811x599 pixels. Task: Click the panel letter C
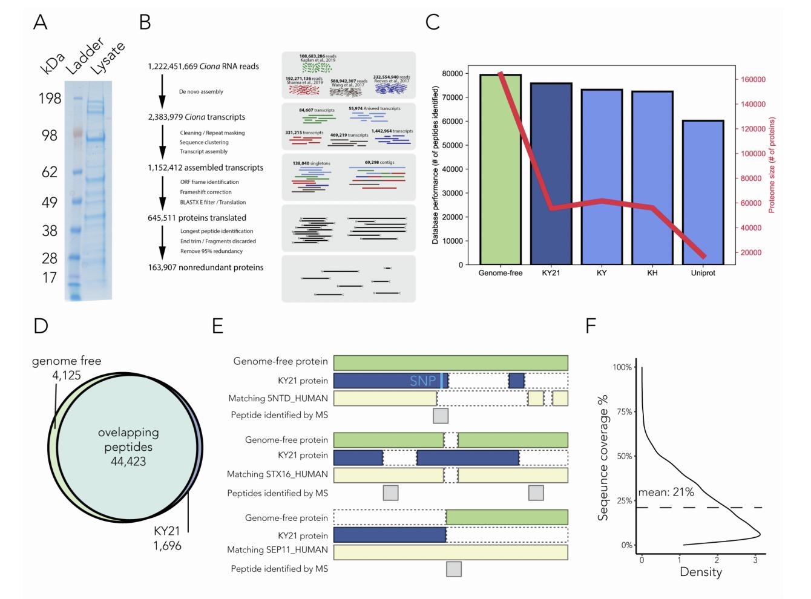click(x=433, y=22)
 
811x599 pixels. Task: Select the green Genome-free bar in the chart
click(x=500, y=169)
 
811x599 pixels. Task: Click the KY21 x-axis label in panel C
click(x=550, y=273)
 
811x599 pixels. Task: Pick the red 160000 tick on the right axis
click(x=750, y=79)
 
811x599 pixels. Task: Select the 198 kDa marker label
click(x=50, y=98)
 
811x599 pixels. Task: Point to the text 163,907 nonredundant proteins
click(x=206, y=267)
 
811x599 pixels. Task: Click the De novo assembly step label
click(x=201, y=92)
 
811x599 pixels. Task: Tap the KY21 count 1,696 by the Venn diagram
click(x=167, y=545)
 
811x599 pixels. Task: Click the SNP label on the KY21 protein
click(x=422, y=381)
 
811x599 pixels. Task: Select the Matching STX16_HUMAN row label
click(x=277, y=474)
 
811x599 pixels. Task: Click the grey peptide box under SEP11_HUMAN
click(x=453, y=569)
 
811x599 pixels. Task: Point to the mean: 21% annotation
click(x=666, y=492)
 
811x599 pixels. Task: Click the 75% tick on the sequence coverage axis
click(x=623, y=412)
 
